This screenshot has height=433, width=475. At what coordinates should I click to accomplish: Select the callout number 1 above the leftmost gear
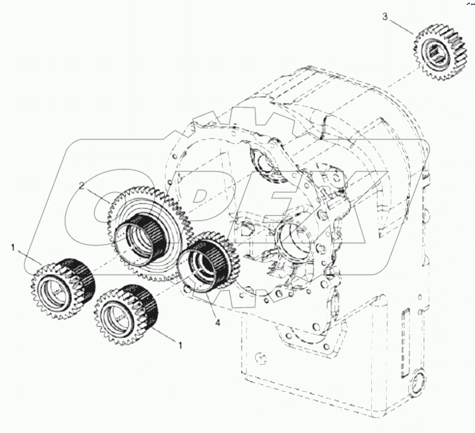click(12, 248)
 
